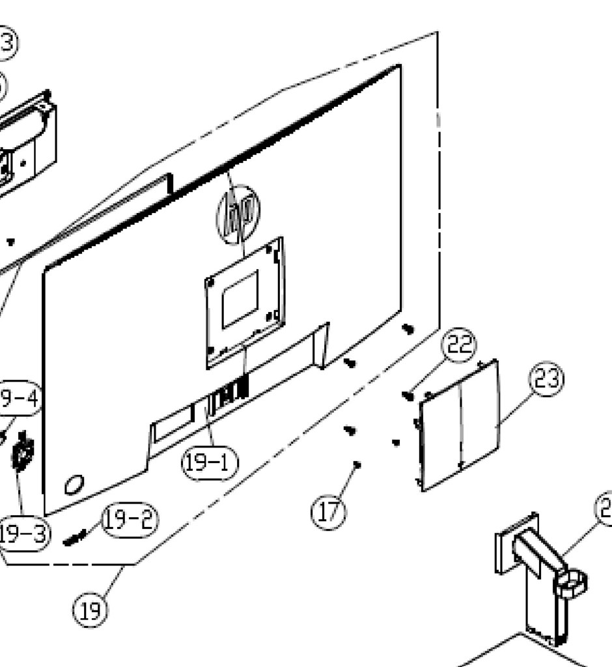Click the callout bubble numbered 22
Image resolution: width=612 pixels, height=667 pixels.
(x=459, y=345)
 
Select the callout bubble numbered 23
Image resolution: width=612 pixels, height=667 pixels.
(x=546, y=379)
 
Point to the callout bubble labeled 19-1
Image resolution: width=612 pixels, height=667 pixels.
(x=209, y=463)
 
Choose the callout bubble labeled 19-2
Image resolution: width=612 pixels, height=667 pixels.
(x=130, y=520)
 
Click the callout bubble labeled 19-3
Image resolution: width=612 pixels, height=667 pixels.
(x=23, y=534)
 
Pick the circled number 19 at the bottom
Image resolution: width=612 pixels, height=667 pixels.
(x=90, y=611)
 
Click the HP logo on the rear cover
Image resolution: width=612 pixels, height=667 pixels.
(x=238, y=214)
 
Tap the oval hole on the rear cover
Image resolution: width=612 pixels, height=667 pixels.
(x=73, y=484)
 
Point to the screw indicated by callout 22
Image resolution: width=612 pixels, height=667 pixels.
(x=409, y=395)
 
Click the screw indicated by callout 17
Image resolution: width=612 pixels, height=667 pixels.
(x=357, y=464)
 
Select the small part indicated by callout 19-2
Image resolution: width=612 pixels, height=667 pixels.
(x=74, y=537)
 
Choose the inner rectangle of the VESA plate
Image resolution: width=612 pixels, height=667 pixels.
(x=240, y=300)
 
